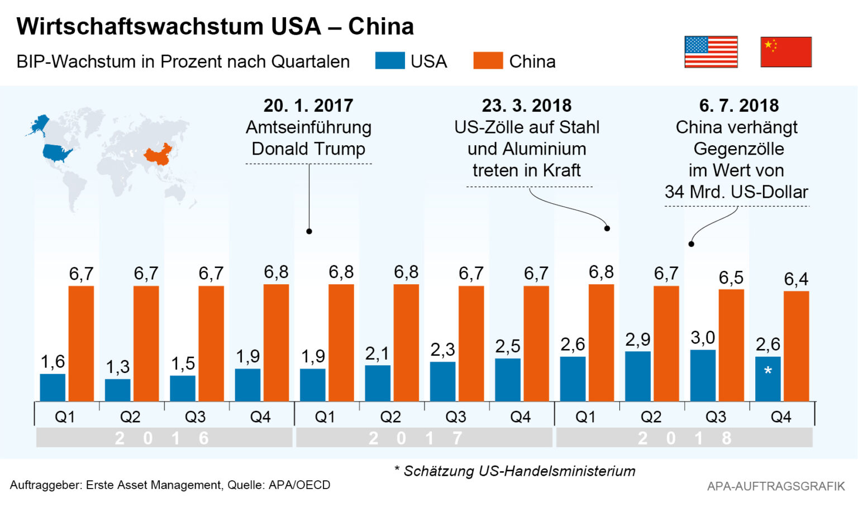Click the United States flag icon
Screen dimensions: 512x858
pyautogui.click(x=711, y=52)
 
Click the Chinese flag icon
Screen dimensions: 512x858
pyautogui.click(x=785, y=52)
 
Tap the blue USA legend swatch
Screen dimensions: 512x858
pyautogui.click(x=389, y=60)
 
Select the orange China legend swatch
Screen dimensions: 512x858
pyautogui.click(x=488, y=60)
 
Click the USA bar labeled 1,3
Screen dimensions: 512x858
pyautogui.click(x=118, y=390)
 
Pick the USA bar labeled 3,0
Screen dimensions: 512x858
pyautogui.click(x=703, y=375)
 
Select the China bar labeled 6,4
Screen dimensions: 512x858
pyautogui.click(x=796, y=346)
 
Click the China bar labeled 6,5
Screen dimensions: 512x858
pyautogui.click(x=731, y=345)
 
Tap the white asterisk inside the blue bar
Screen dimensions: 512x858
pyautogui.click(x=768, y=371)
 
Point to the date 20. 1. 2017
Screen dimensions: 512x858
pyautogui.click(x=308, y=106)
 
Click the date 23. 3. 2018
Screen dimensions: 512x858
pyautogui.click(x=527, y=106)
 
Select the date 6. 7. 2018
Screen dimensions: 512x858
pyautogui.click(x=738, y=106)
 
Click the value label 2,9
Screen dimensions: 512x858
pyautogui.click(x=637, y=339)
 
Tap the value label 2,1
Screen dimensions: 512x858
pyautogui.click(x=377, y=353)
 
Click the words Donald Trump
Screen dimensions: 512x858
pyautogui.click(x=308, y=149)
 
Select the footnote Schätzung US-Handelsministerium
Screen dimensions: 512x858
pyautogui.click(x=519, y=471)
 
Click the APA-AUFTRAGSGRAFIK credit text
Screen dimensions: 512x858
pyautogui.click(x=776, y=486)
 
